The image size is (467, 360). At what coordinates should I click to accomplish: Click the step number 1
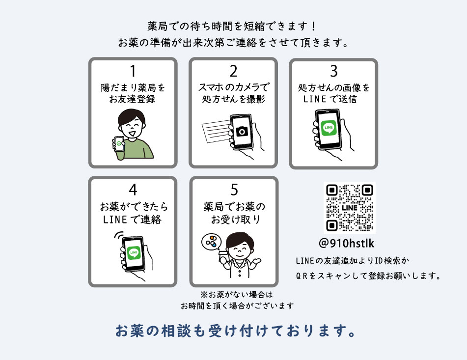pos(133,71)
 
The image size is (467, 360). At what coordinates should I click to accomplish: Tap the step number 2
pos(233,71)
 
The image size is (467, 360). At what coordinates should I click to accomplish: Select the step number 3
pos(334,71)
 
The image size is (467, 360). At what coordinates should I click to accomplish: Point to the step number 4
pos(133,190)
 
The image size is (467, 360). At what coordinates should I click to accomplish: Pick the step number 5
pos(234,190)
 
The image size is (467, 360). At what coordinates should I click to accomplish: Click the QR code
pos(350,208)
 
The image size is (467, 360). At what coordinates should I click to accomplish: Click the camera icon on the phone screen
pos(242,131)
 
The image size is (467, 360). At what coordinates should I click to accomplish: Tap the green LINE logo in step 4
pos(134,252)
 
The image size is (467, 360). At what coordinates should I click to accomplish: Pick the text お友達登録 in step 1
pos(133,100)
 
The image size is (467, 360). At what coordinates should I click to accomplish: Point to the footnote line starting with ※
pos(236,295)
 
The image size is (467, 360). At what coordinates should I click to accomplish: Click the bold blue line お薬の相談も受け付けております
pos(235,332)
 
